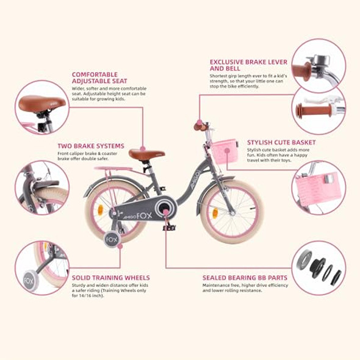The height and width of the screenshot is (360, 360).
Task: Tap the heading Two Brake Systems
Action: (91, 146)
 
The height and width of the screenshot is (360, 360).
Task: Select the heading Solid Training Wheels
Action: (110, 278)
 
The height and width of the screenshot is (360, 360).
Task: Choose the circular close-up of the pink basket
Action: (318, 187)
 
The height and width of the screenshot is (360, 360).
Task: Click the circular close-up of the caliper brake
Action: (41, 187)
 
